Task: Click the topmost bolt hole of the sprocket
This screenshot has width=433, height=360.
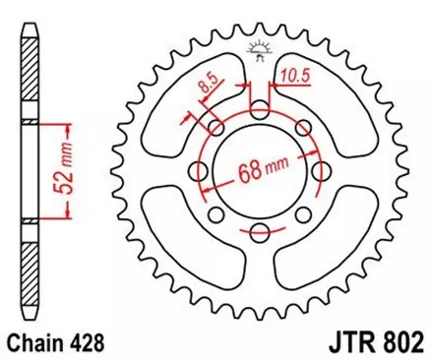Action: pyautogui.click(x=260, y=107)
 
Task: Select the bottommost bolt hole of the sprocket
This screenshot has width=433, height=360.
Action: pyautogui.click(x=260, y=233)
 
